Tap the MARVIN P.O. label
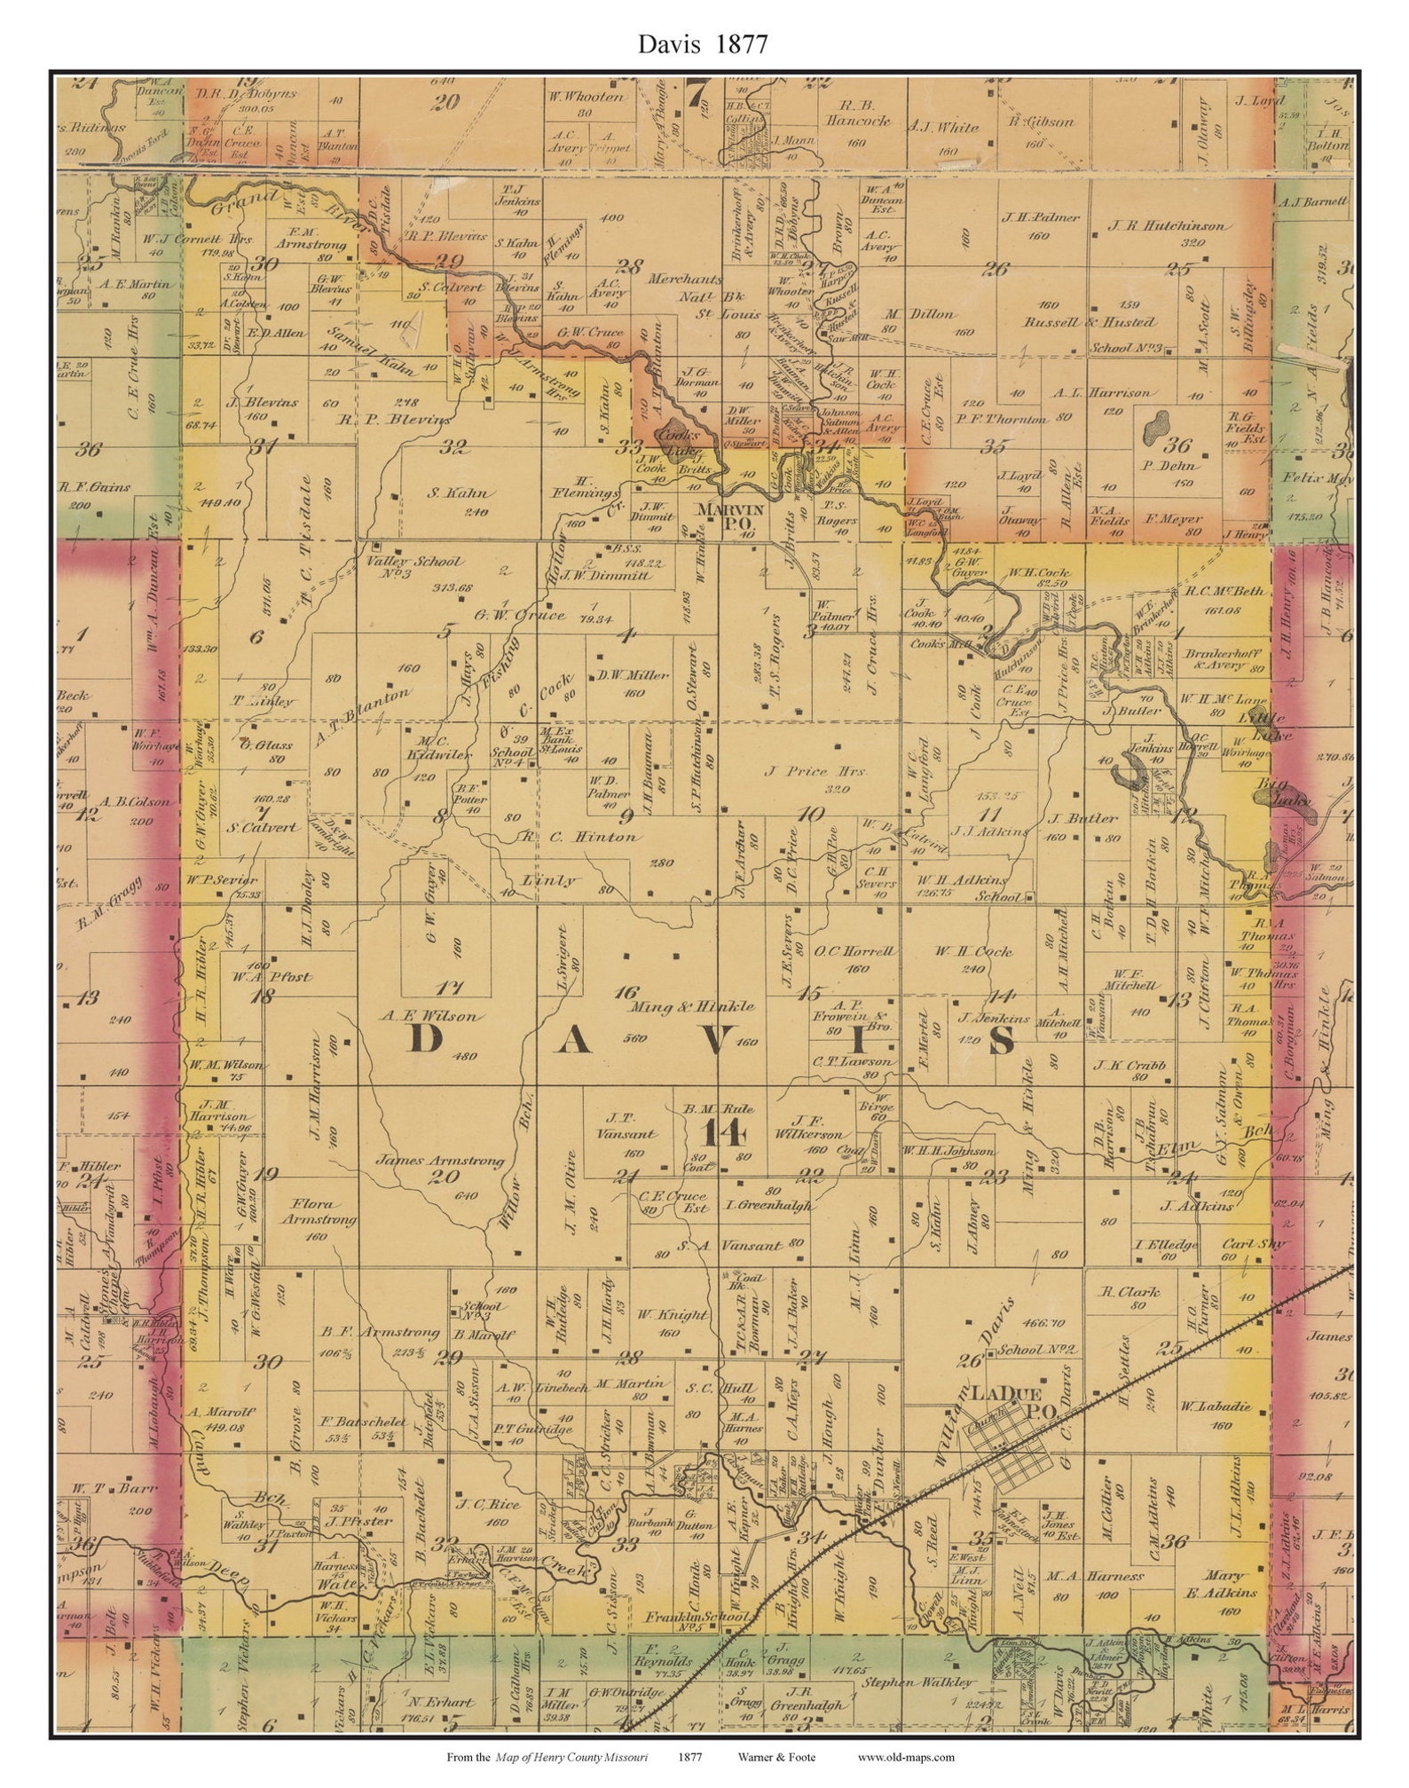coord(729,516)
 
